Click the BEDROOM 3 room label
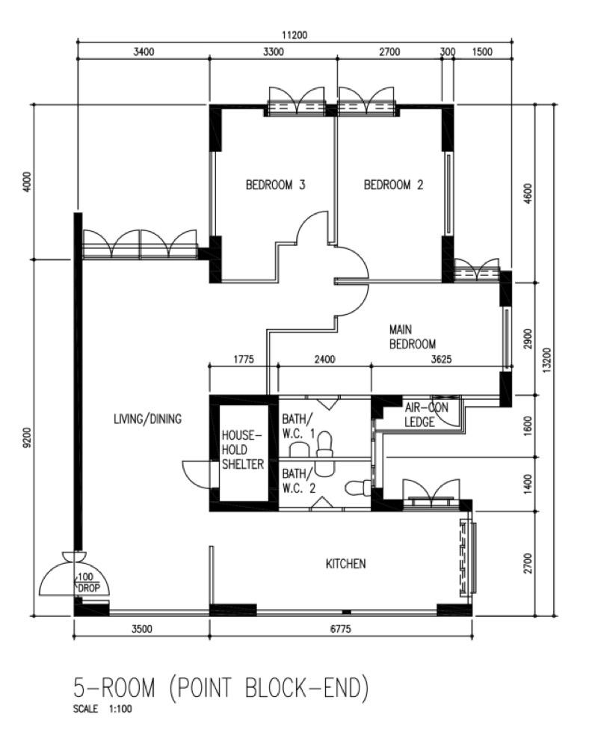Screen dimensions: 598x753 point(275,185)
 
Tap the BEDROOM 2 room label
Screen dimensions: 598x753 point(393,185)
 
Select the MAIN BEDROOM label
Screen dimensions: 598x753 point(413,336)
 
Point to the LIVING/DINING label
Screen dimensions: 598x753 point(147,419)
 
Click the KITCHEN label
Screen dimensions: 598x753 point(345,563)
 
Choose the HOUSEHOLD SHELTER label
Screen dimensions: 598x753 point(243,450)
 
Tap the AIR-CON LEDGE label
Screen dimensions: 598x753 point(426,415)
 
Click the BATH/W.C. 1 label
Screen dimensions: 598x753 point(298,426)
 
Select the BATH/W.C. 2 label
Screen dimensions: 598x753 point(298,482)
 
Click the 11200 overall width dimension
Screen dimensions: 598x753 point(295,35)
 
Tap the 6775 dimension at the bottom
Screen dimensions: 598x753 point(340,629)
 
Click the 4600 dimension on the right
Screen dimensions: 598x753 point(528,194)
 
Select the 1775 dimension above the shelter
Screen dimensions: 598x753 point(244,359)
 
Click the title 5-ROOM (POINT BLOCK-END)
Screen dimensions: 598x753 point(221,688)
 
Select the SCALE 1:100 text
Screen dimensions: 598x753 point(102,709)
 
